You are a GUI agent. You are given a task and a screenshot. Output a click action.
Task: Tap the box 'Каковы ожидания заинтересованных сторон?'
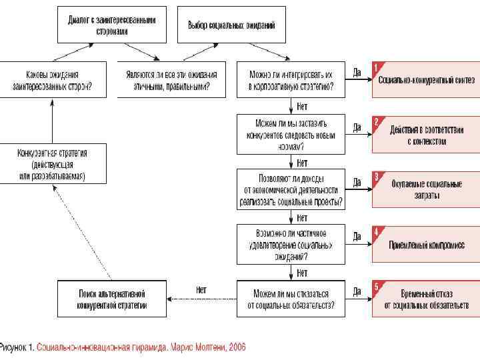click(52, 80)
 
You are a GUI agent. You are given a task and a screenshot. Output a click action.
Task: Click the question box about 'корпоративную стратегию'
click(291, 80)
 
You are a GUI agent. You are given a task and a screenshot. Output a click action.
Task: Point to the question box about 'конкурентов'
click(291, 135)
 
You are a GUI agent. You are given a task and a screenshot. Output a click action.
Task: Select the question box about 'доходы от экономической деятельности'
click(291, 189)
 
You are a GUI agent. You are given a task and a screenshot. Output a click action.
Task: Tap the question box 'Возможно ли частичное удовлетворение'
click(291, 244)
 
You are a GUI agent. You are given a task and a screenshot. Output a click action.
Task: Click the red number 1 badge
click(377, 67)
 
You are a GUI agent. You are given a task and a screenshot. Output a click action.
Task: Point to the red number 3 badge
click(377, 177)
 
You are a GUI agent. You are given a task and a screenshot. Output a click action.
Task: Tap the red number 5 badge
click(377, 287)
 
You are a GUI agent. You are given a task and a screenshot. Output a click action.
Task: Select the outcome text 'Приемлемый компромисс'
click(427, 245)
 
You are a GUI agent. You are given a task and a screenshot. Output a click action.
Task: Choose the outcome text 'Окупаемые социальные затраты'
click(427, 190)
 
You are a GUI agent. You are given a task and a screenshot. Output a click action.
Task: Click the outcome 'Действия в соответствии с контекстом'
click(427, 136)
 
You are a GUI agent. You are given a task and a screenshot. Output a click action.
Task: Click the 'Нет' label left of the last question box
click(201, 290)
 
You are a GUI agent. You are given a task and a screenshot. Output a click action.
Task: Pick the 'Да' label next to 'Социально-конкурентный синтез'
click(357, 72)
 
